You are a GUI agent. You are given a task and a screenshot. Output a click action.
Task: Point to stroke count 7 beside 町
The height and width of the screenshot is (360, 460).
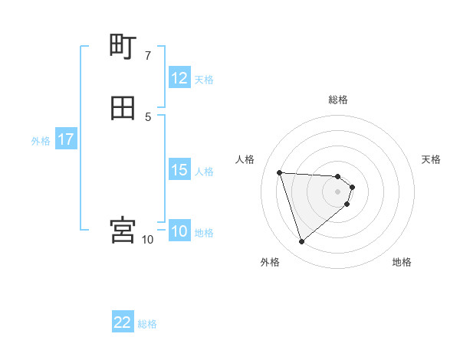[x=148, y=56]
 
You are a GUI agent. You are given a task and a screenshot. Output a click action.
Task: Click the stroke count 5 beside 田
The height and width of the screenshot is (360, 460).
[x=148, y=116]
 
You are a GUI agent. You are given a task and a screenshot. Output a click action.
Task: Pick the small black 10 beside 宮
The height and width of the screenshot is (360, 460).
[x=148, y=240]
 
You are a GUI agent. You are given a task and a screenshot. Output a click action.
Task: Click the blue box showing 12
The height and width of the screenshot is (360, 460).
[x=179, y=78]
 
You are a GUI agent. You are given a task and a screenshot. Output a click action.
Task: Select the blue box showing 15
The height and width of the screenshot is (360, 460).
[x=179, y=170]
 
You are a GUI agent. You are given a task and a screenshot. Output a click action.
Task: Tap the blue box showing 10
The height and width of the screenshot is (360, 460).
[x=179, y=231]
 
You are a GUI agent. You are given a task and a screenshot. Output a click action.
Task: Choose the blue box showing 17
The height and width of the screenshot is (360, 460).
[x=65, y=139]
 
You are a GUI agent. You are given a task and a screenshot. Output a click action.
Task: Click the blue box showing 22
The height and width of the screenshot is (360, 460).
[x=123, y=322]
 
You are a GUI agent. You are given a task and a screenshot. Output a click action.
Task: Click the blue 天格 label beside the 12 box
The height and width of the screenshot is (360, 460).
[x=204, y=79]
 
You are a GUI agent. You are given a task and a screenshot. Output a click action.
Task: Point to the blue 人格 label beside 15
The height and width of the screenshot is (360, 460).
[x=204, y=171]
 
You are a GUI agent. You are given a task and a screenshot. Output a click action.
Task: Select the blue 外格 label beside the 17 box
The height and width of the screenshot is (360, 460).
[x=41, y=140]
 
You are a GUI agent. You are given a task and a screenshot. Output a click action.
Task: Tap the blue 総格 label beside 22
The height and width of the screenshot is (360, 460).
[x=147, y=323]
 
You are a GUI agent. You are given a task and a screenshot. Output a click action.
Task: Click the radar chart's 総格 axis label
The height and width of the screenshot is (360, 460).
[x=338, y=100]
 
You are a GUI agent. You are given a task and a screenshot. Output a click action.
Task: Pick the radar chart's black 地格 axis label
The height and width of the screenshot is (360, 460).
[x=402, y=262]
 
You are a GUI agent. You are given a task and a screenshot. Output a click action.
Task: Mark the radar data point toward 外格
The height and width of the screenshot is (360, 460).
[x=301, y=241]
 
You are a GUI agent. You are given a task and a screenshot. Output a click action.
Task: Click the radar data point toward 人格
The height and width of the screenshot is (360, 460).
[x=280, y=172]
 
